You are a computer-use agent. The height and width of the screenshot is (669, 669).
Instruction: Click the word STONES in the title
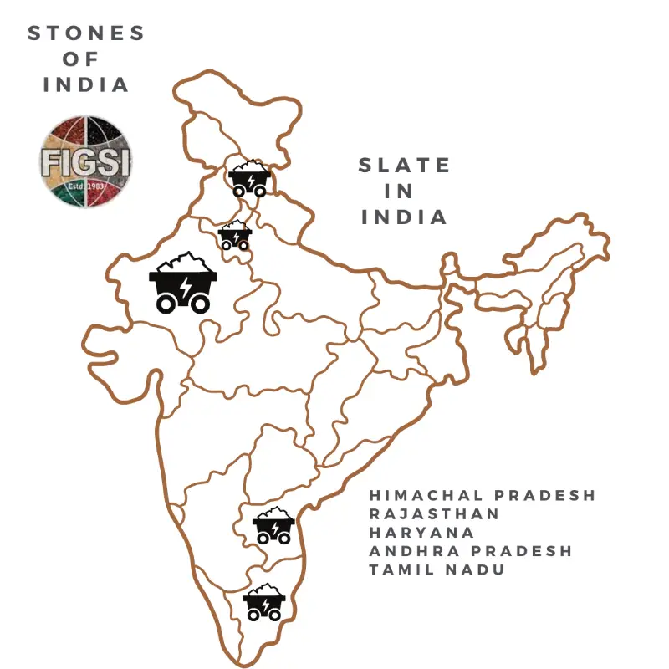pos(86,33)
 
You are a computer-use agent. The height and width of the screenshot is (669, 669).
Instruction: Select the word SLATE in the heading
pos(405,166)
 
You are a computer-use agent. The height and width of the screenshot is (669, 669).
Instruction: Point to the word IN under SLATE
pos(400,192)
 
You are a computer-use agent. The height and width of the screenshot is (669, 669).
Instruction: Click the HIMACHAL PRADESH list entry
pos(483,495)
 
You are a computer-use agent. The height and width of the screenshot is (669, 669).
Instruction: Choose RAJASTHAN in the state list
pos(435,513)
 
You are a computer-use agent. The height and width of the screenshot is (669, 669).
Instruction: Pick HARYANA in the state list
pos(422,532)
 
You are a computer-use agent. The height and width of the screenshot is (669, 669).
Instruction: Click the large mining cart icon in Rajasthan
pos(183,283)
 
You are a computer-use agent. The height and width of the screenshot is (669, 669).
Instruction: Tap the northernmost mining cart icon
pos(249,179)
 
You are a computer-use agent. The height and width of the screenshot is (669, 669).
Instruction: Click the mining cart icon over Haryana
pos(234,236)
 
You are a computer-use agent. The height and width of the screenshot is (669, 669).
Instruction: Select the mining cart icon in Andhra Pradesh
pos(273,526)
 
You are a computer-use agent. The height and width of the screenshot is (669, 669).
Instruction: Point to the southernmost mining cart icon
pos(264,602)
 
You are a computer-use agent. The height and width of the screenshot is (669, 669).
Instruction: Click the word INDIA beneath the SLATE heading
pos(405,217)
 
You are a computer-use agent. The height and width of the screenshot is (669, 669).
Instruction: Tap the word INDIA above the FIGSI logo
pos(86,84)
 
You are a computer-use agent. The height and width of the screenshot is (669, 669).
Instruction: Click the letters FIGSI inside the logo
pos(86,161)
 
